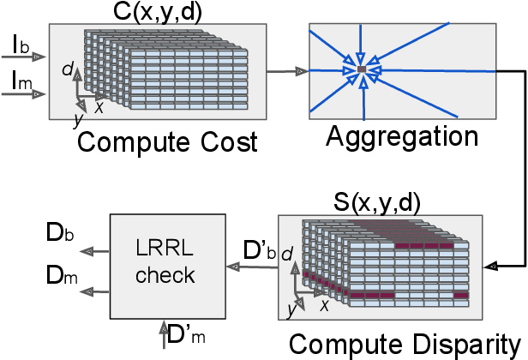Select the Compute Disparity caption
(405, 345)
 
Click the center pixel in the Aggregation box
(362, 68)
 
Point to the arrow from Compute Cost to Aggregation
(288, 71)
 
